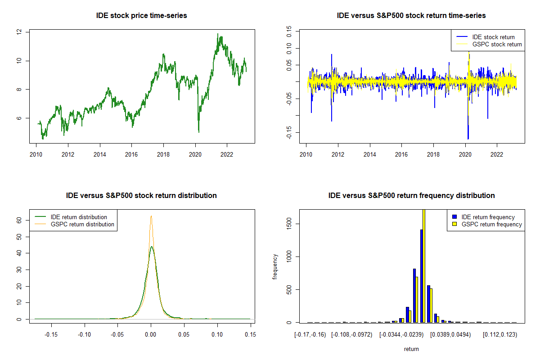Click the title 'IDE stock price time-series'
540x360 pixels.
(x=141, y=16)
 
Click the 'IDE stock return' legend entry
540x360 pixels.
(x=493, y=37)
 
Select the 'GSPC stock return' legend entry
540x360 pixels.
(x=496, y=44)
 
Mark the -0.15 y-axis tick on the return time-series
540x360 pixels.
(x=289, y=132)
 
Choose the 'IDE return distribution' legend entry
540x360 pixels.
(x=79, y=217)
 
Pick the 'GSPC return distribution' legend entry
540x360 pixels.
(x=82, y=224)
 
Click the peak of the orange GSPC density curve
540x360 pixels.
(x=151, y=216)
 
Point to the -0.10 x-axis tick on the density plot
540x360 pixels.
(x=85, y=334)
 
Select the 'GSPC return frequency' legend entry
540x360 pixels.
(x=491, y=224)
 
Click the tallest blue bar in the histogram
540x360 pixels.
(x=422, y=276)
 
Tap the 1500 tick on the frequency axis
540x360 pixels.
(x=289, y=224)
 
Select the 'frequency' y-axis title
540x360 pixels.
(x=275, y=266)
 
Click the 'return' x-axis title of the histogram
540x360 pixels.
(x=411, y=349)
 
